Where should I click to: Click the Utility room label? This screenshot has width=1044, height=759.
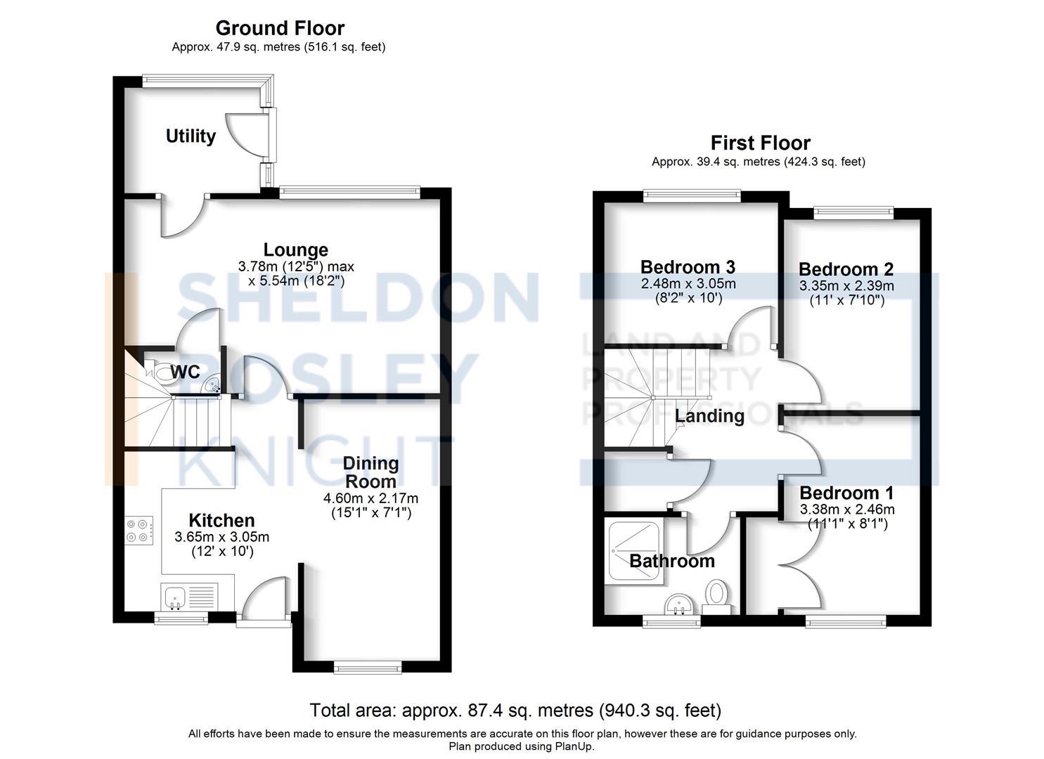click(x=191, y=136)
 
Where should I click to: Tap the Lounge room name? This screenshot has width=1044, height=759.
click(x=295, y=249)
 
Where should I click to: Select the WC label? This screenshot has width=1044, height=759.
click(x=185, y=372)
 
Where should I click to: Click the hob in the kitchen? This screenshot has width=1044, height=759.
click(x=139, y=530)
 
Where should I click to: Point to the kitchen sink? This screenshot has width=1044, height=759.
click(x=174, y=597)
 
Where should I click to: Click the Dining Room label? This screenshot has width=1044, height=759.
click(x=370, y=472)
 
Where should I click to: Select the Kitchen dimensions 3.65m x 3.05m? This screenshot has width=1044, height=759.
click(x=221, y=537)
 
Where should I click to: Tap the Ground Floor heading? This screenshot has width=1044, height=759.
click(x=280, y=28)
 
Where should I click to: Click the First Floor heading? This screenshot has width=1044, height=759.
click(x=760, y=143)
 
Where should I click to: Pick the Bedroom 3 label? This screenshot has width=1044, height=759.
click(x=688, y=267)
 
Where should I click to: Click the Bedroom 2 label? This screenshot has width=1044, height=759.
click(x=846, y=269)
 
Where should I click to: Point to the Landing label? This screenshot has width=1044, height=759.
click(x=709, y=416)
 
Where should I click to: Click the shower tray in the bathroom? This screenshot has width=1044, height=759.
click(x=634, y=552)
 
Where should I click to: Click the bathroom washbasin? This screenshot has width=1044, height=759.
click(x=680, y=604)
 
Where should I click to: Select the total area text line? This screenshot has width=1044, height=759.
click(x=515, y=711)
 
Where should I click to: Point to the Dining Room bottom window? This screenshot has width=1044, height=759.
click(x=368, y=667)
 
